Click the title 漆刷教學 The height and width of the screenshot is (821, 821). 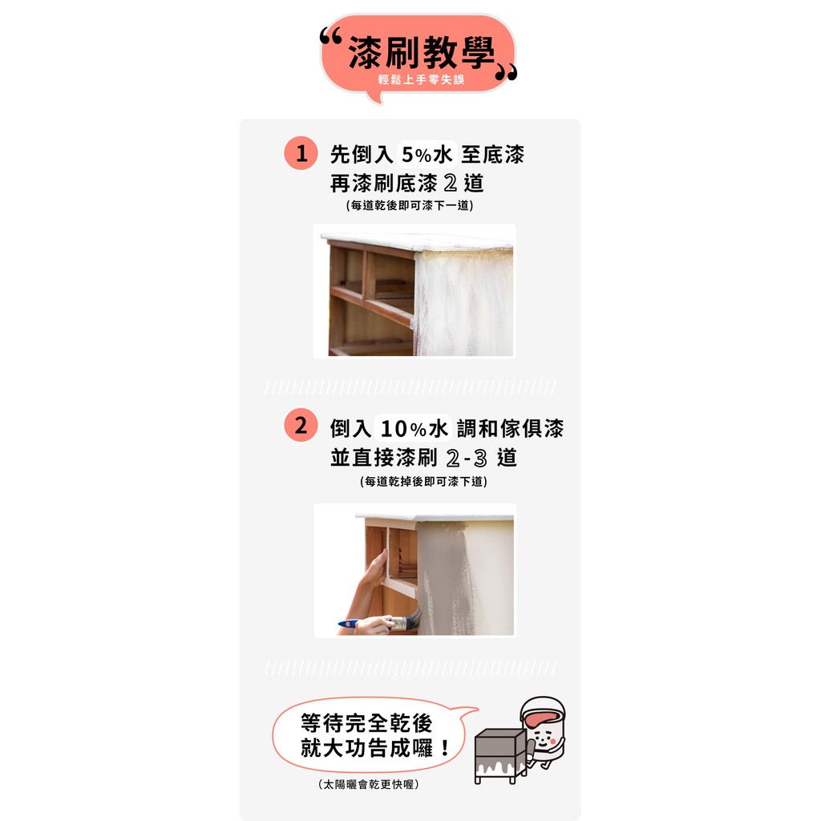421,52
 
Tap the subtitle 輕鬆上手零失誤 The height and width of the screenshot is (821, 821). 422,79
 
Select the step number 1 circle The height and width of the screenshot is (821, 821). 301,153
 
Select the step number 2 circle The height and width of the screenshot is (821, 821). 301,425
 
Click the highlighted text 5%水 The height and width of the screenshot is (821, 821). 427,155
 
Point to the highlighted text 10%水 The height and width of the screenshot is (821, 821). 414,428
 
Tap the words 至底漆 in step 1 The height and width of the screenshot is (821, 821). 493,155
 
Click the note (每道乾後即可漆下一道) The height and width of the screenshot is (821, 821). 410,205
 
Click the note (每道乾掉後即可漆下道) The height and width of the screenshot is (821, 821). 423,481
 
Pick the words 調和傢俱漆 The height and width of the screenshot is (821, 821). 511,428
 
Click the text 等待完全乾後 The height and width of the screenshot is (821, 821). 366,723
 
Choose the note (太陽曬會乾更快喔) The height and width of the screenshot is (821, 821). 369,784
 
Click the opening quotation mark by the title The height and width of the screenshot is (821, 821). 331,35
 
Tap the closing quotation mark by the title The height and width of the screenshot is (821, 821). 506,73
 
